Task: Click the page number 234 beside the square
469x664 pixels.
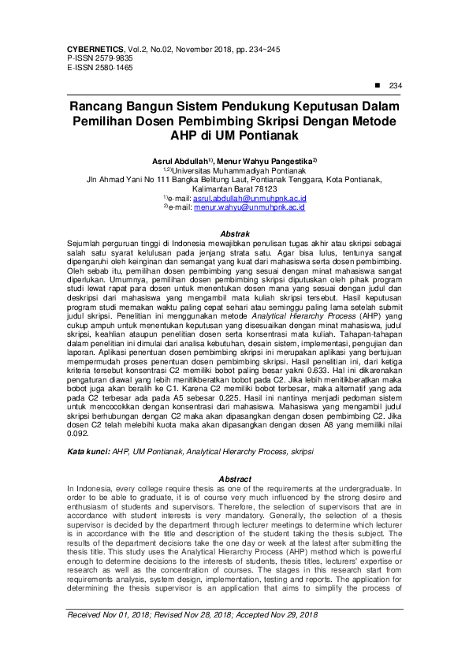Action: click(x=396, y=86)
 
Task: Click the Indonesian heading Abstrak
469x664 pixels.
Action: click(x=234, y=234)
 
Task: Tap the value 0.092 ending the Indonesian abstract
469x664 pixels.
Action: click(x=77, y=434)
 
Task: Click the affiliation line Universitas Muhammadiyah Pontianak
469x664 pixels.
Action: click(x=237, y=170)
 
